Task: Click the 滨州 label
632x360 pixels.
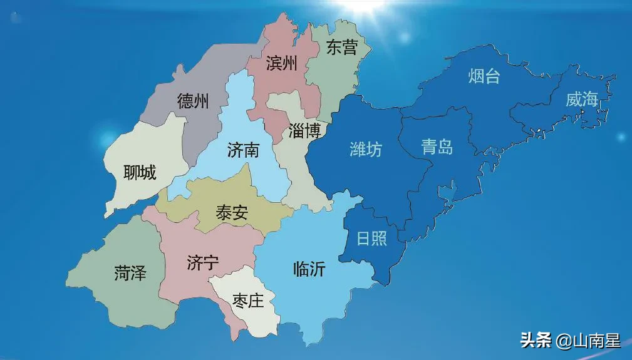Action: pyautogui.click(x=281, y=63)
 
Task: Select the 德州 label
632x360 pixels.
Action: pyautogui.click(x=193, y=101)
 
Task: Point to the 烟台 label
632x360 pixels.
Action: pyautogui.click(x=484, y=76)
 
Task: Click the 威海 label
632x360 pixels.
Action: pyautogui.click(x=582, y=99)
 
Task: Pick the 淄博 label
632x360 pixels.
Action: pyautogui.click(x=305, y=130)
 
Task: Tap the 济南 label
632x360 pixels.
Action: pyautogui.click(x=244, y=150)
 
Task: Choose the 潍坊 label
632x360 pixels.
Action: pyautogui.click(x=365, y=150)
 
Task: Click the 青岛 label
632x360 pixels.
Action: pyautogui.click(x=437, y=147)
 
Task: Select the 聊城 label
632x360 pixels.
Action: pyautogui.click(x=140, y=173)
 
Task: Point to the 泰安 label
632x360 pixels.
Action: pyautogui.click(x=232, y=213)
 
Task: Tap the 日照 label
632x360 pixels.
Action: pyautogui.click(x=372, y=239)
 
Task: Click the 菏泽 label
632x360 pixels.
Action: pyautogui.click(x=130, y=273)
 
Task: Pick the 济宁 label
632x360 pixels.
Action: pyautogui.click(x=203, y=263)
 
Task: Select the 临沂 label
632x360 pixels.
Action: pyautogui.click(x=309, y=269)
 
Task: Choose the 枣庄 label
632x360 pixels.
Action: pyautogui.click(x=247, y=301)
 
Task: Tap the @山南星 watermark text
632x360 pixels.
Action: pyautogui.click(x=588, y=341)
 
